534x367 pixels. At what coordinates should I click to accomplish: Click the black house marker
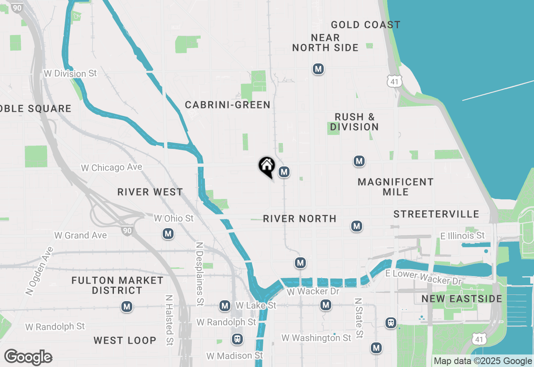[267, 166]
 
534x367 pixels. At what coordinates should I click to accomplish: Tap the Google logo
[28, 357]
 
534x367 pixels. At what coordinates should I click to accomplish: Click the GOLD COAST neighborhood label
[365, 25]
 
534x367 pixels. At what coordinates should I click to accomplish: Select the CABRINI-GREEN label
[228, 105]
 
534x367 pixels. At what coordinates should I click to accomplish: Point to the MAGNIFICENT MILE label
[395, 187]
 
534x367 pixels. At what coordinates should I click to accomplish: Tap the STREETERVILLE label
[436, 214]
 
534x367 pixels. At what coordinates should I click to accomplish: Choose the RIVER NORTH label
[300, 219]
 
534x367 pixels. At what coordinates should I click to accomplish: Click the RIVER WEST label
[150, 192]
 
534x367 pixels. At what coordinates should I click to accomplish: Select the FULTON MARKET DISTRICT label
[117, 285]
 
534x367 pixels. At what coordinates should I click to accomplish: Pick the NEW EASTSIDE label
[462, 299]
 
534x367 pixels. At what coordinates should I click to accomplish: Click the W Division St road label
[70, 73]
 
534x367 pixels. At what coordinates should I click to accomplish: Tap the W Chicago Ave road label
[111, 168]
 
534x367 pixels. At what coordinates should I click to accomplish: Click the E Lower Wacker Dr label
[423, 277]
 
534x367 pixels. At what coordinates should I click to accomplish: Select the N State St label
[358, 318]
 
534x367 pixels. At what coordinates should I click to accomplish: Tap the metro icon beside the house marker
[284, 172]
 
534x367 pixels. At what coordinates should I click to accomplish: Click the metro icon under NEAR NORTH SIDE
[318, 69]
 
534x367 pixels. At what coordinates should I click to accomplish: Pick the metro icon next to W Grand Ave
[168, 234]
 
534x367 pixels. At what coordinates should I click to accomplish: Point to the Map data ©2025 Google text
[483, 361]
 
